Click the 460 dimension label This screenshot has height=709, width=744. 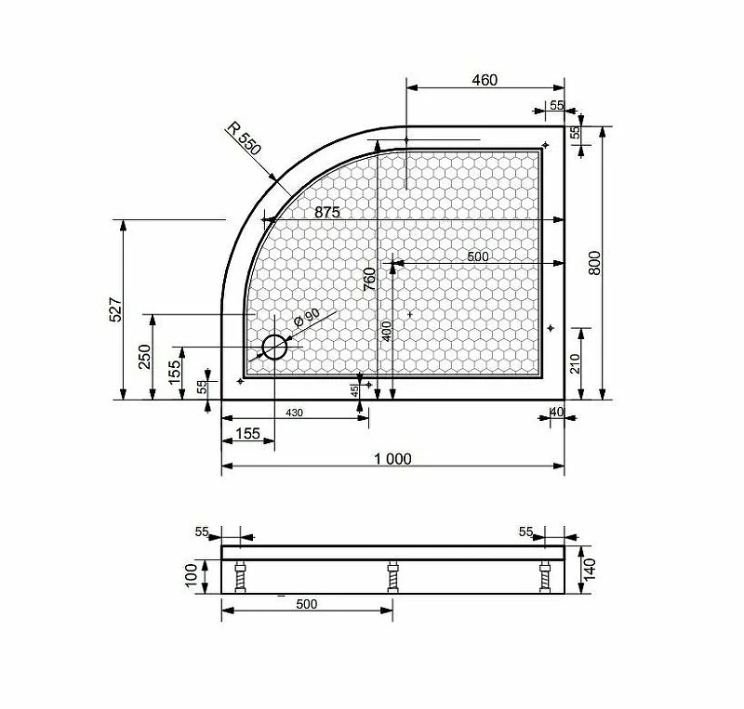coord(485,80)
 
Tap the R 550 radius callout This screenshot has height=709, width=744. coord(244,139)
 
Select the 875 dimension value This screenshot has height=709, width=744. coord(327,212)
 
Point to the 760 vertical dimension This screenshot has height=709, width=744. coord(369,279)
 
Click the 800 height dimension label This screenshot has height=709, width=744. coord(594,263)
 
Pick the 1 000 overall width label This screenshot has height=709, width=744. coord(392,459)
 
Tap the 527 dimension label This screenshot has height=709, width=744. coord(115,309)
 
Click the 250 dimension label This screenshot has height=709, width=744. coord(144,356)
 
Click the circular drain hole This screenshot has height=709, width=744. coord(274,348)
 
